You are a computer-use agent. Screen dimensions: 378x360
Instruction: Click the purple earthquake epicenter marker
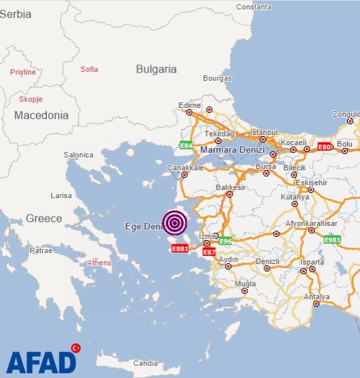click(175, 223)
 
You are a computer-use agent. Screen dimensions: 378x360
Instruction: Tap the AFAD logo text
click(41, 361)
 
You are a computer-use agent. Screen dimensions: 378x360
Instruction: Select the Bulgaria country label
click(156, 69)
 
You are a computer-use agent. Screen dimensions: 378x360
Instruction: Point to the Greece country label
click(43, 219)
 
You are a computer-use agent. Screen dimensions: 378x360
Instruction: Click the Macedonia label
click(41, 115)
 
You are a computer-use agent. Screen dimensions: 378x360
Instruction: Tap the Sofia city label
click(89, 69)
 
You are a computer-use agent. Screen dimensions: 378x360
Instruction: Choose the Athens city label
click(99, 262)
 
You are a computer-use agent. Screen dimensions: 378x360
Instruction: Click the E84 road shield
click(185, 145)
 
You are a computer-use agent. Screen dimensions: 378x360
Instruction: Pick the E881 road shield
click(180, 249)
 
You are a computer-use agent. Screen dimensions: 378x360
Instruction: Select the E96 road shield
click(225, 241)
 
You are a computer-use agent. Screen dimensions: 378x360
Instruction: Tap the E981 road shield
click(332, 240)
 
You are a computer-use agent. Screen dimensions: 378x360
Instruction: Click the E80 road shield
click(325, 147)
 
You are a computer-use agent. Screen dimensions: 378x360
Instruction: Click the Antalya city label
click(317, 297)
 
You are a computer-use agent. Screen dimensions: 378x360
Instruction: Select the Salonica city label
click(79, 155)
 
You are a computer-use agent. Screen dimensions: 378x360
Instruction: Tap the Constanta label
click(253, 6)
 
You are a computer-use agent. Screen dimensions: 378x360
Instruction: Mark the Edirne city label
click(189, 105)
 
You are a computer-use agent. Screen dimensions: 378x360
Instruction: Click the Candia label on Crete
click(145, 362)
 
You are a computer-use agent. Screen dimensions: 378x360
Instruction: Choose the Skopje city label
click(31, 99)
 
